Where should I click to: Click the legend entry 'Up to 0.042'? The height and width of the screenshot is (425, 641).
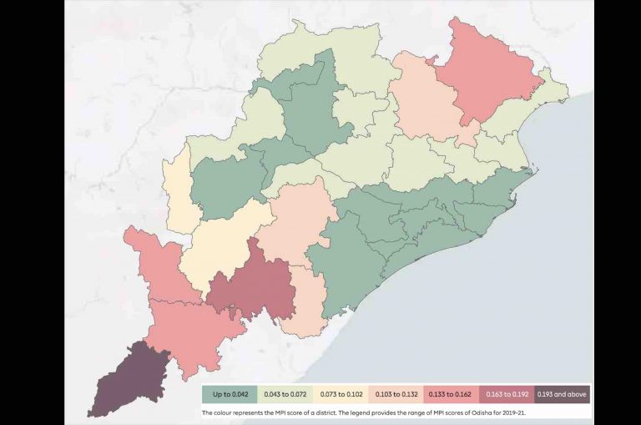(229, 393)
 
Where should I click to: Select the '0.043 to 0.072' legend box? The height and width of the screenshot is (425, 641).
(285, 393)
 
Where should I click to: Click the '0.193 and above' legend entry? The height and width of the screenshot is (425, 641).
(563, 393)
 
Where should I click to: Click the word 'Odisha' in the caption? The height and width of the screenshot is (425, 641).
(482, 412)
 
